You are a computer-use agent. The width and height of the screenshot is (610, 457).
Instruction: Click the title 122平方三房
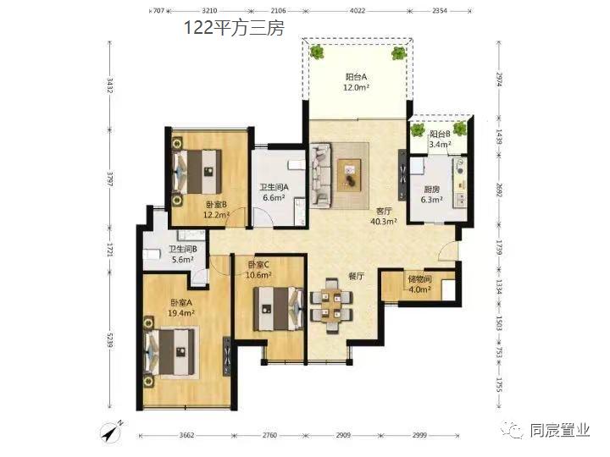[234, 28]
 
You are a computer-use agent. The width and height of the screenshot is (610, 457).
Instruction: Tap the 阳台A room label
[356, 77]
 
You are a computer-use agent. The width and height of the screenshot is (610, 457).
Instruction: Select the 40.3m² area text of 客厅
[384, 222]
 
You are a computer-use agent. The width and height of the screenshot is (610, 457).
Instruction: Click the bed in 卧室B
[197, 172]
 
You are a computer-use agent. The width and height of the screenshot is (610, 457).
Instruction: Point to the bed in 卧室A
[169, 352]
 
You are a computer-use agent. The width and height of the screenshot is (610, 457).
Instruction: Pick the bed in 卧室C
[278, 309]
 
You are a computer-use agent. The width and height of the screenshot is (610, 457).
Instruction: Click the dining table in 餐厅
[331, 305]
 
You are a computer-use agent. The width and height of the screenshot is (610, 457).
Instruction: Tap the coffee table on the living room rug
[349, 175]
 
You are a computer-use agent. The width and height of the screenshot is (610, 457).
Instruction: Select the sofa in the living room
[321, 175]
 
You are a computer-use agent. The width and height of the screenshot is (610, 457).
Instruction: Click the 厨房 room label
[432, 190]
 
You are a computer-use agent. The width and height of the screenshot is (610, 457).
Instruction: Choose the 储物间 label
[419, 279]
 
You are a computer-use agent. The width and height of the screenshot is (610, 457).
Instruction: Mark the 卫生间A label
[274, 187]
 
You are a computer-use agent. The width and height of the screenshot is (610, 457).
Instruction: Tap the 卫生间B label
[182, 249]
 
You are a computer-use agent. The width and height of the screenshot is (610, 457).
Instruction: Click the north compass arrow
[111, 431]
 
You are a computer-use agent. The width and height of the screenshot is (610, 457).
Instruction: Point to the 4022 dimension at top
[358, 11]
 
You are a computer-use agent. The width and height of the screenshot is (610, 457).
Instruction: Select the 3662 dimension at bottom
[186, 435]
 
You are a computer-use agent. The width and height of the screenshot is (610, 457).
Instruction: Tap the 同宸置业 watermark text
[560, 431]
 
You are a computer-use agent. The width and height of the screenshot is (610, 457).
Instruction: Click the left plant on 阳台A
[317, 52]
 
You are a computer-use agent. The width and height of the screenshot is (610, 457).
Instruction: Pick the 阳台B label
[440, 134]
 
